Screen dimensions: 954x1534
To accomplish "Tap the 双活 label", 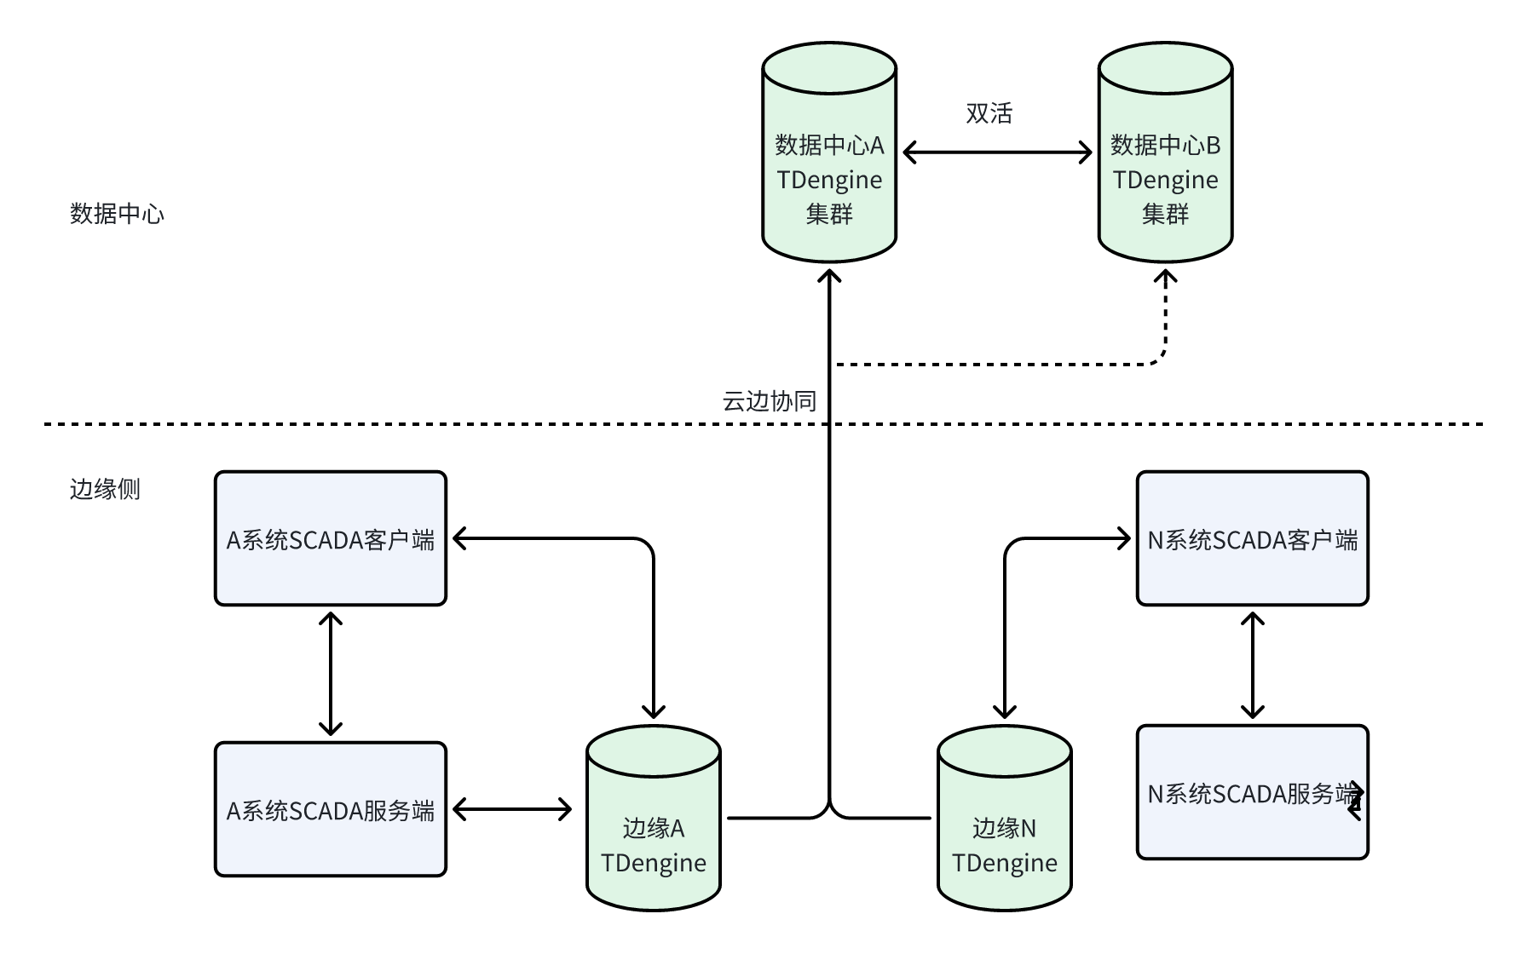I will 989,113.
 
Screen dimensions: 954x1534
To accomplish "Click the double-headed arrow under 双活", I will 997,152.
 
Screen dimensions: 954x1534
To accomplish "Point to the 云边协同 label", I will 769,401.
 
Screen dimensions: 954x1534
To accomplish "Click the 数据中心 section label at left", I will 117,214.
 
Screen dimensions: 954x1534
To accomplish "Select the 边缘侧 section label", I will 105,489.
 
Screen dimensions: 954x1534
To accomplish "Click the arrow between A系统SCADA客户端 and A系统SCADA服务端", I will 331,673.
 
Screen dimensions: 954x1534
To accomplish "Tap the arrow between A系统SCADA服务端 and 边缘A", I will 512,809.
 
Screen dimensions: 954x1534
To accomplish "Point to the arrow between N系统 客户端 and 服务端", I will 1252,664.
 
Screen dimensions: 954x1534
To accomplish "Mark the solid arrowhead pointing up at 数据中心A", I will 829,277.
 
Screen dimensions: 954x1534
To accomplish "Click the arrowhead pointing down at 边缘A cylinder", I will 654,712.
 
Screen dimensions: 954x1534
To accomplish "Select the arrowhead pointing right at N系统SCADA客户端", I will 1125,538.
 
